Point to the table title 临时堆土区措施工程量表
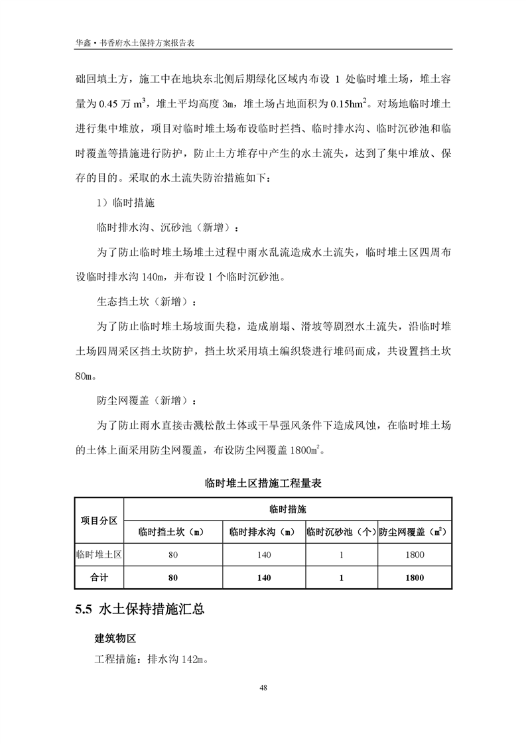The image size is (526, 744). [263, 484]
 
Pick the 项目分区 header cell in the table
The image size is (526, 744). [99, 521]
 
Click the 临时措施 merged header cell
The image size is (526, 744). [288, 510]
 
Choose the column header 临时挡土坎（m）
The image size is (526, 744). [172, 532]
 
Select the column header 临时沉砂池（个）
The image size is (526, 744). [341, 532]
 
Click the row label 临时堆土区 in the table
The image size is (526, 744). [99, 555]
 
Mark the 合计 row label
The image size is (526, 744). [99, 578]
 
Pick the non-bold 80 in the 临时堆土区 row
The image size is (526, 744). [172, 555]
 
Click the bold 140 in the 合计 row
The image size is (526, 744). [263, 578]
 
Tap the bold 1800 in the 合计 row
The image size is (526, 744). [414, 578]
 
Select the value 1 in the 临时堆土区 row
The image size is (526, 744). [341, 555]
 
